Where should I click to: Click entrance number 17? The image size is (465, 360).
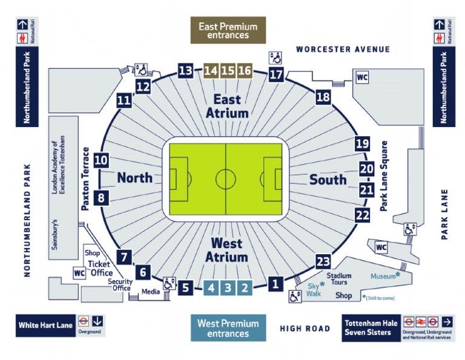pos(276,75)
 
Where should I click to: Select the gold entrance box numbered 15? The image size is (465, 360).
pos(228,70)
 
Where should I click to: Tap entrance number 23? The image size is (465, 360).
pos(323,261)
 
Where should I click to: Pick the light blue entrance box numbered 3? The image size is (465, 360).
pos(228,288)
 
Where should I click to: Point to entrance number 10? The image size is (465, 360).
pos(101,160)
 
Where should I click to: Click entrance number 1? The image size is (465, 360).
pos(275,283)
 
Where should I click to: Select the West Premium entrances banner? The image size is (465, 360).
pos(228,329)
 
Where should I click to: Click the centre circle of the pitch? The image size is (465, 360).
pos(226,179)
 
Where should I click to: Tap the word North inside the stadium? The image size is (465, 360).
pos(135,178)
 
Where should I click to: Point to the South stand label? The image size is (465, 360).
pos(328,179)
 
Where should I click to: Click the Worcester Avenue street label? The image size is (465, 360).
pos(343,48)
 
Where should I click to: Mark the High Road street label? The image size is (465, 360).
pos(305,329)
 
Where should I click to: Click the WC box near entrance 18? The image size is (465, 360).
pos(362,77)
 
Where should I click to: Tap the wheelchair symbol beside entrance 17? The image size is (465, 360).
pos(275,57)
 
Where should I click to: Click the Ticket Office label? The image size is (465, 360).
pos(99,268)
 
